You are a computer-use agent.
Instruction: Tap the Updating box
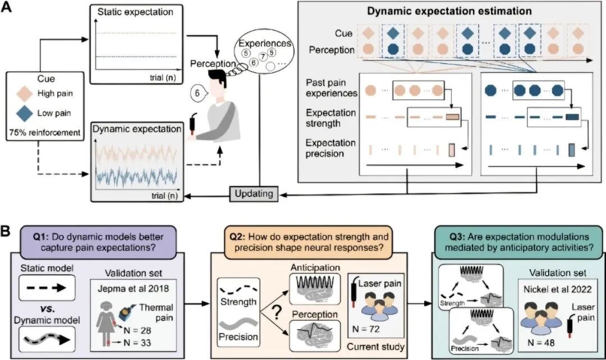(253, 193)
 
